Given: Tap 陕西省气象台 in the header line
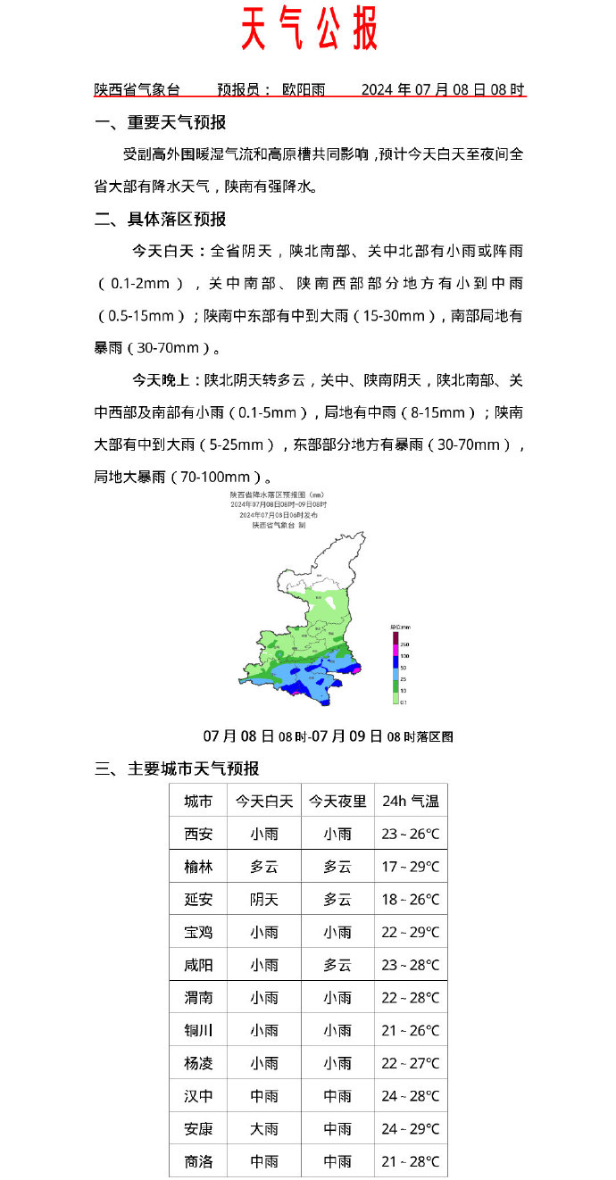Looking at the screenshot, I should (x=137, y=89).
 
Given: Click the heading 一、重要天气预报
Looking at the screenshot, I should (x=161, y=122).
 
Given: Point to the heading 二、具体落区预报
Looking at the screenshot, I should (x=161, y=219).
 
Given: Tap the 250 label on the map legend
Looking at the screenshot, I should (x=404, y=644).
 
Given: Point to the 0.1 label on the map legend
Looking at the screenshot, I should (x=404, y=702).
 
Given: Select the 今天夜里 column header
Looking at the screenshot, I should (x=337, y=802).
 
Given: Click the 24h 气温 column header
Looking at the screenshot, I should (x=411, y=802).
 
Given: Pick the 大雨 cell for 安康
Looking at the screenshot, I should (x=264, y=1129).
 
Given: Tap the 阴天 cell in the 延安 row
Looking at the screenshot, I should (x=264, y=900).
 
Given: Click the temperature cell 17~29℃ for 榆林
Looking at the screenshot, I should (x=411, y=867).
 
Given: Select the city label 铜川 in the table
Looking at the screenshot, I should (x=198, y=1031).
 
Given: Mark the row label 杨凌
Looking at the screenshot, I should (x=198, y=1063).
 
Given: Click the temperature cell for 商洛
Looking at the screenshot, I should (x=411, y=1161).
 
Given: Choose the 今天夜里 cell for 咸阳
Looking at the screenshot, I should (x=337, y=965).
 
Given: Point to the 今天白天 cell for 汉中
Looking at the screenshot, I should (x=264, y=1096).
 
